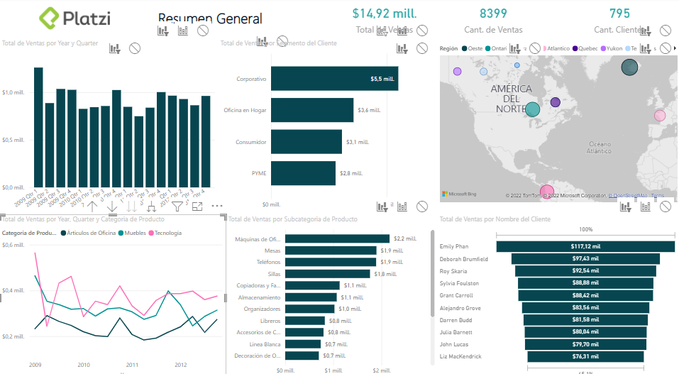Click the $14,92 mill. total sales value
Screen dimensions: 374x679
pos(384,13)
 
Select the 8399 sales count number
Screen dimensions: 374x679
pos(493,13)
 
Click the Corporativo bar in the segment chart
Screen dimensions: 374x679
pos(334,79)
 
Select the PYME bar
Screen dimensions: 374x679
pos(303,173)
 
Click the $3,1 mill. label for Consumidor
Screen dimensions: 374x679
pos(358,142)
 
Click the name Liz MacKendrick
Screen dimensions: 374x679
pos(461,356)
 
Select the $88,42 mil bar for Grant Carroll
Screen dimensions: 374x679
pos(585,295)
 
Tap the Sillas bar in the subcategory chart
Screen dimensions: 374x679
pos(327,274)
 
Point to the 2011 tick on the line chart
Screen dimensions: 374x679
pos(131,364)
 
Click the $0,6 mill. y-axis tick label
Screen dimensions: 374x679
pos(13,246)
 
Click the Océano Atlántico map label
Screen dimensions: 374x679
pos(599,147)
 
